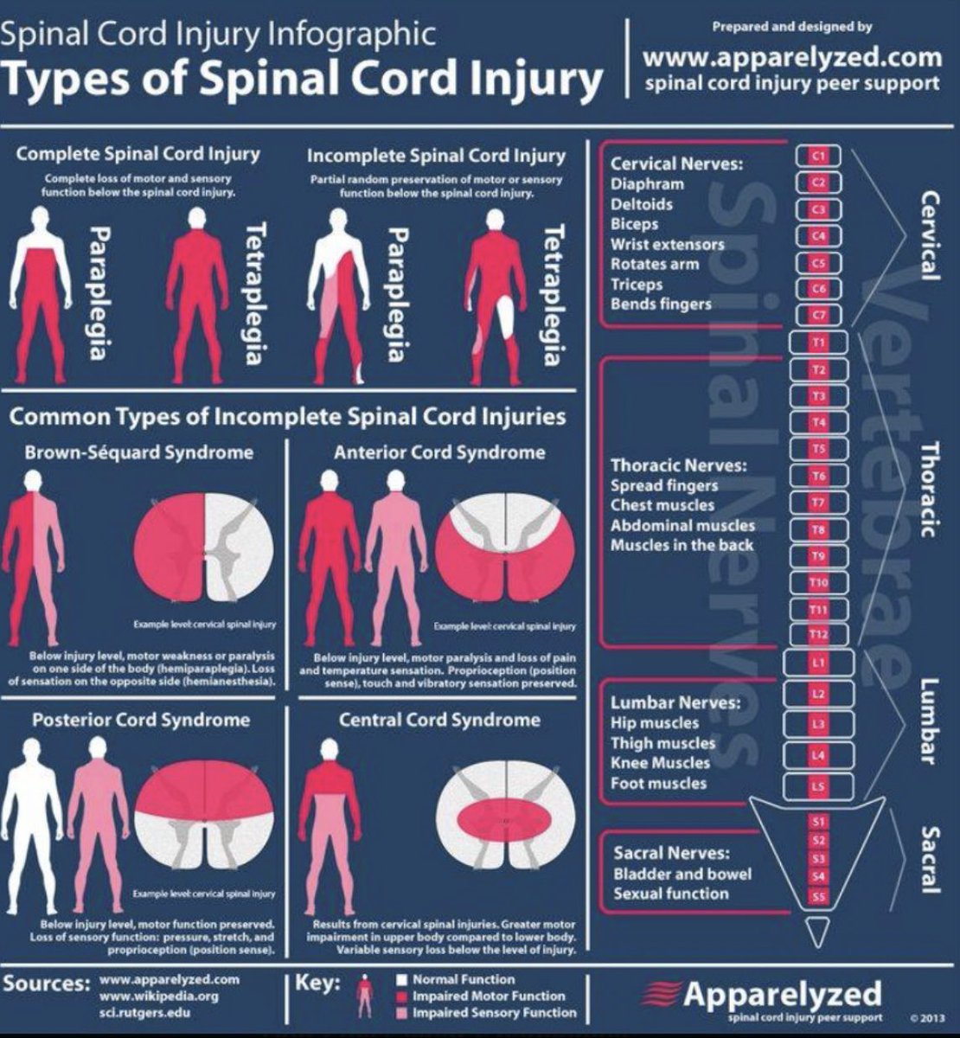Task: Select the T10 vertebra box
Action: coord(818,583)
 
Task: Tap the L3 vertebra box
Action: coord(818,724)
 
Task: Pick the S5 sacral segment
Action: coord(818,897)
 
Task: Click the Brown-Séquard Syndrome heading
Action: coord(139,452)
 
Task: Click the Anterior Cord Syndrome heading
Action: coord(439,452)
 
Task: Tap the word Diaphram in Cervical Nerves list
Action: coord(647,184)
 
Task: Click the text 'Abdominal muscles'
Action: coord(682,525)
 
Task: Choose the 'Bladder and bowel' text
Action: coord(682,874)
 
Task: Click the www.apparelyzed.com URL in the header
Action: coord(792,58)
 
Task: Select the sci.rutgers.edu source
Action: coord(144,1012)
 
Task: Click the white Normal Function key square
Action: coord(401,980)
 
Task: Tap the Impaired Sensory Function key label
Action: coord(494,1013)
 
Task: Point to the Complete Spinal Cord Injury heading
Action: coord(138,154)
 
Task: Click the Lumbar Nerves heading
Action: coord(675,702)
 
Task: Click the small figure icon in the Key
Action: coord(365,996)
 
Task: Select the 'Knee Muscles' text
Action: coord(660,763)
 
